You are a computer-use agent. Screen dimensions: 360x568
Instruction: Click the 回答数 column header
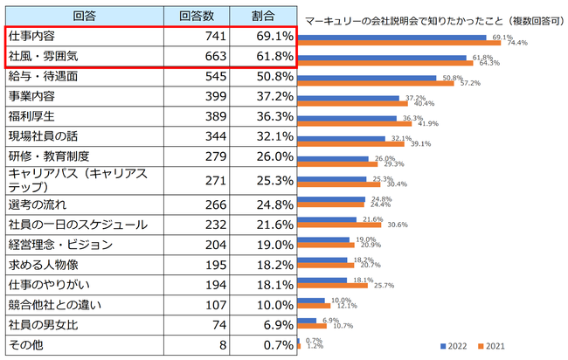pyautogui.click(x=202, y=16)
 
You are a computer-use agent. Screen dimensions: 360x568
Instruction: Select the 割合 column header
pyautogui.click(x=264, y=16)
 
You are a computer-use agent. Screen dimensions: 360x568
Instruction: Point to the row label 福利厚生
pyautogui.click(x=35, y=116)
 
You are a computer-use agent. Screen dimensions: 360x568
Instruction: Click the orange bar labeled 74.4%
pyautogui.click(x=398, y=42)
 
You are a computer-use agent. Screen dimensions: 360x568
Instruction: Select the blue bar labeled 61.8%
pyautogui.click(x=381, y=58)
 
